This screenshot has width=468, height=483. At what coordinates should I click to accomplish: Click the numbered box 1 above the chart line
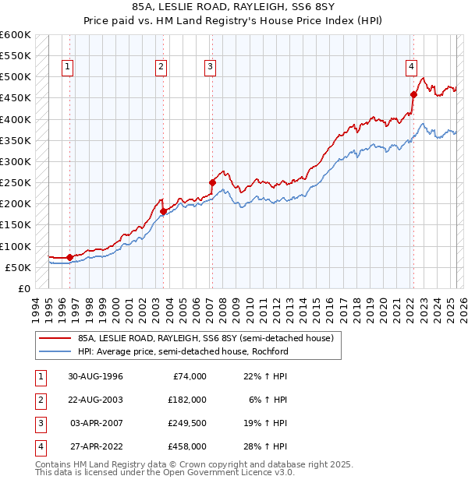(69, 68)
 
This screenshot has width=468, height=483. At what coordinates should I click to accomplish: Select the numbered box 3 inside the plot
(211, 68)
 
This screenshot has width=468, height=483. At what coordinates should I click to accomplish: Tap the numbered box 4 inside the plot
(411, 68)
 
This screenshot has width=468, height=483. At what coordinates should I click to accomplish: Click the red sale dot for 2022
(413, 94)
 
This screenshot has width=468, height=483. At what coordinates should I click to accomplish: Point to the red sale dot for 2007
(212, 182)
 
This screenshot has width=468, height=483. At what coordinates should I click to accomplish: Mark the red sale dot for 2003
(163, 211)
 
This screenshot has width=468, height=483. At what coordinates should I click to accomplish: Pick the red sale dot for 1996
(69, 256)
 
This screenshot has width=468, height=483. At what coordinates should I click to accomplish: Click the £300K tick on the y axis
(16, 161)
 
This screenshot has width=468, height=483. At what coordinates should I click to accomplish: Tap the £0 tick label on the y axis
(23, 288)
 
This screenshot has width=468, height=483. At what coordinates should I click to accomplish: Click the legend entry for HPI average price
(183, 351)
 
